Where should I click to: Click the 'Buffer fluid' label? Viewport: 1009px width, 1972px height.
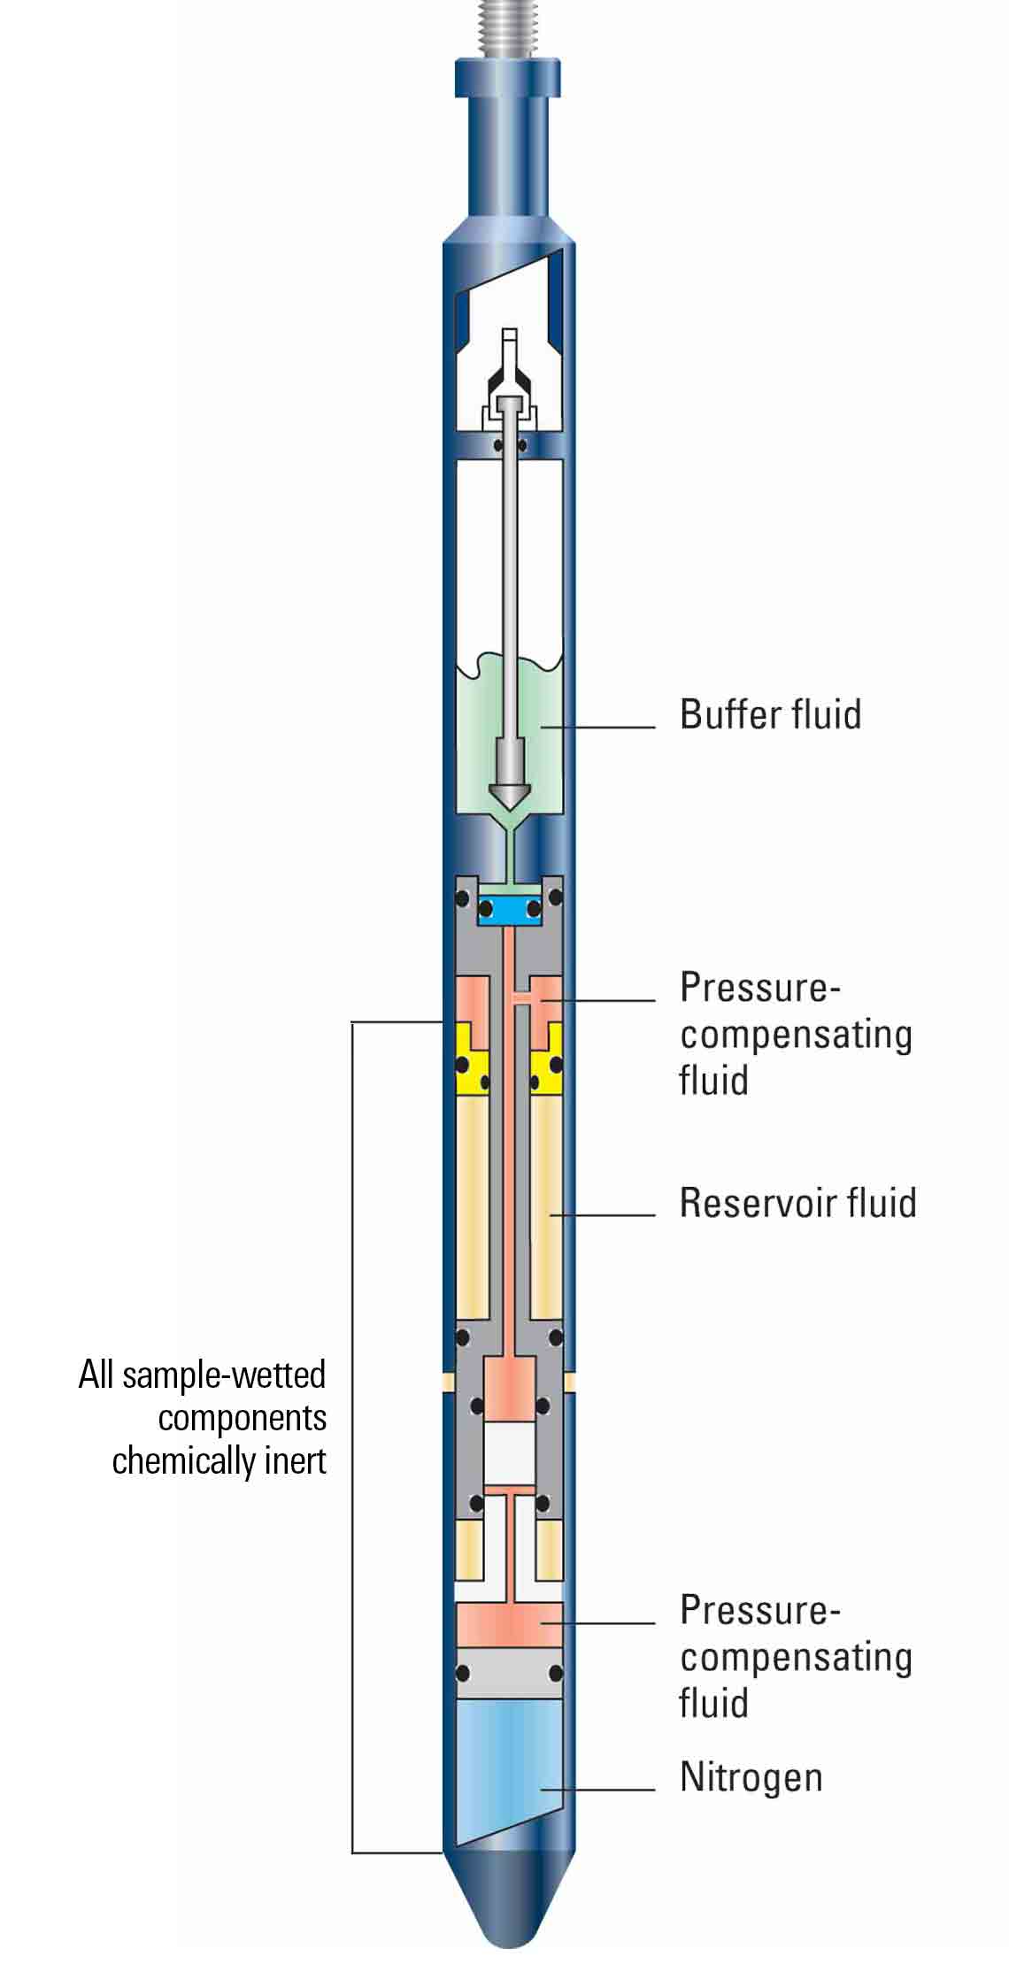click(x=770, y=714)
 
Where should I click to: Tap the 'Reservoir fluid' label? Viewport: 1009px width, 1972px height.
click(x=797, y=1203)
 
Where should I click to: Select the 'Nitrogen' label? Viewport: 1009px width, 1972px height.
click(x=751, y=1776)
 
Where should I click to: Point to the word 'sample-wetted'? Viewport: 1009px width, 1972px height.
click(x=224, y=1375)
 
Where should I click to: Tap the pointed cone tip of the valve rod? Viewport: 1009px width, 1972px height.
click(x=508, y=797)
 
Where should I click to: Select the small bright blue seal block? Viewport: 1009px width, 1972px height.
click(x=508, y=909)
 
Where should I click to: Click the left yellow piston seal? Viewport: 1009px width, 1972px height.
click(x=472, y=1062)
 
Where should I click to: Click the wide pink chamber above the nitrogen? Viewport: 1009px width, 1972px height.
click(x=508, y=1624)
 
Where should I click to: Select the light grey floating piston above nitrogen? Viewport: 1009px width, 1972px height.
click(x=508, y=1674)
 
